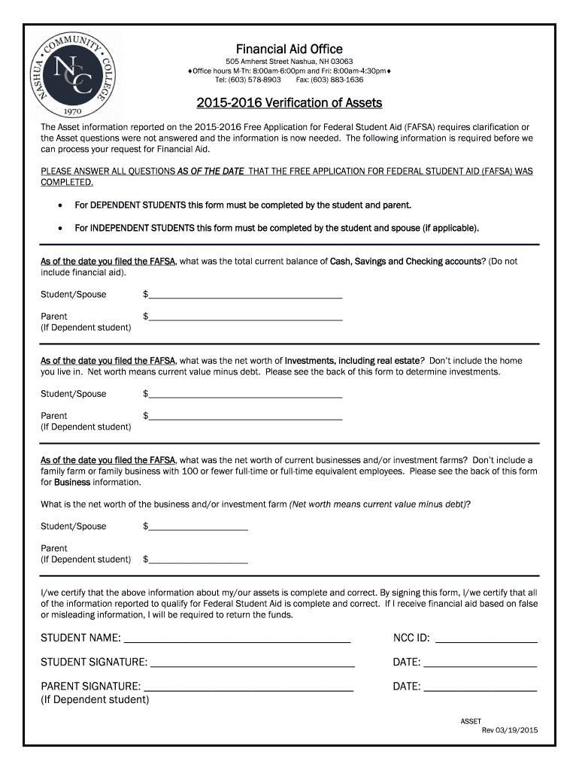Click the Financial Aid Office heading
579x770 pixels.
pyautogui.click(x=289, y=49)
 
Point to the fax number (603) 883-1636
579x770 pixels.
pyautogui.click(x=336, y=80)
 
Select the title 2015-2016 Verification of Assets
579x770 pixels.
pyautogui.click(x=289, y=103)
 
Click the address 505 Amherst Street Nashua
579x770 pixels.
pyautogui.click(x=289, y=61)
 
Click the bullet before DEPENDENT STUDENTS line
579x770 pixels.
pyautogui.click(x=59, y=205)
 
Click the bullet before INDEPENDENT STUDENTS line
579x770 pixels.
pyautogui.click(x=59, y=227)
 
